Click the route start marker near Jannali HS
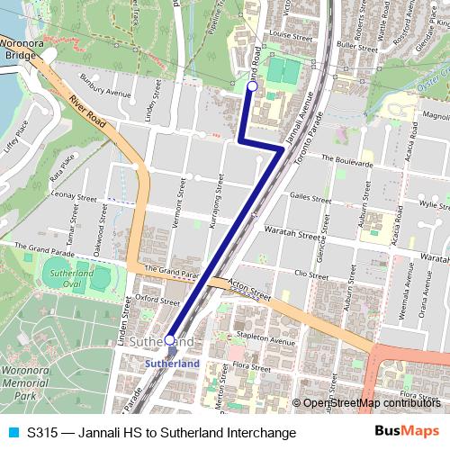(252, 86)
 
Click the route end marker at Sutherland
(170, 340)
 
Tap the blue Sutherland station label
(172, 363)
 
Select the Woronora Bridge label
(19, 48)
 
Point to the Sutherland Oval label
(73, 278)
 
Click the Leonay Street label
(74, 194)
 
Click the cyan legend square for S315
(12, 432)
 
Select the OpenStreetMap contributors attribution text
(373, 403)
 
